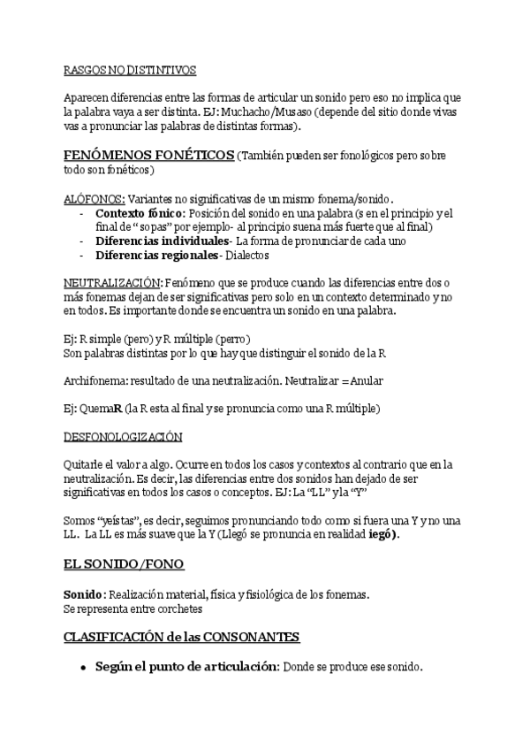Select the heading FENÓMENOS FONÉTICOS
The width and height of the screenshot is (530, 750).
pyautogui.click(x=148, y=155)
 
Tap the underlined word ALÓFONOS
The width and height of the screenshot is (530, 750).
pyautogui.click(x=94, y=199)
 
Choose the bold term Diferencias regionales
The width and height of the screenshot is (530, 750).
pyautogui.click(x=156, y=255)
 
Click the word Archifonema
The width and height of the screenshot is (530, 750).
pyautogui.click(x=95, y=380)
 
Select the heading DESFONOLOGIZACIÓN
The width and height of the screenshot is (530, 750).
pyautogui.click(x=123, y=436)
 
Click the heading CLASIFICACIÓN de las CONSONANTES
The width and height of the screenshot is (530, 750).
pyautogui.click(x=181, y=637)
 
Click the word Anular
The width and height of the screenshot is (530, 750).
pyautogui.click(x=366, y=380)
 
